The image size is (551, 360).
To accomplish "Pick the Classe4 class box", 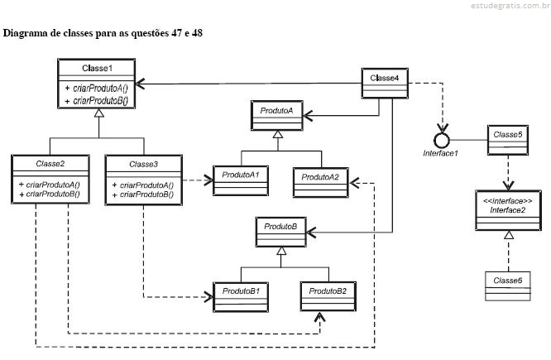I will click(385, 84).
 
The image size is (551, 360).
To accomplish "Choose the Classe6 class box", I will click(507, 286).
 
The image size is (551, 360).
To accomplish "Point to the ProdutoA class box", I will click(278, 116).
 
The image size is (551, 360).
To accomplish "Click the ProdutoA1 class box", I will click(241, 180).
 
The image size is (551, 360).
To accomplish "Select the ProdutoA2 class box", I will click(319, 181).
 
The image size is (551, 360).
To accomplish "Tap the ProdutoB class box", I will click(282, 230).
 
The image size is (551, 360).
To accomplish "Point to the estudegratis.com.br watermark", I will click(505, 7).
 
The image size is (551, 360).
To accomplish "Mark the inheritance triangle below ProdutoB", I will click(282, 252).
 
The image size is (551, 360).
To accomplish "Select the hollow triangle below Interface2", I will click(507, 237).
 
